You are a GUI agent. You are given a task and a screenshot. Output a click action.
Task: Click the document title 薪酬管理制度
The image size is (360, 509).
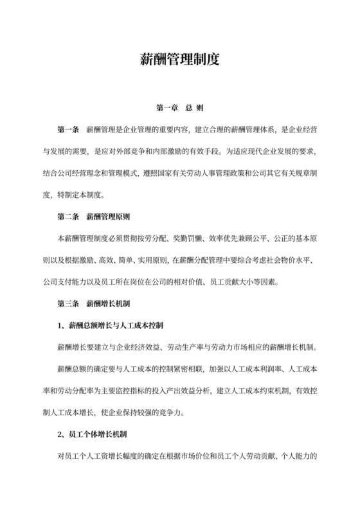coord(180,60)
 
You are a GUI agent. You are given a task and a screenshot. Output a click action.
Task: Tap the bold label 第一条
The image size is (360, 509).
coord(68,130)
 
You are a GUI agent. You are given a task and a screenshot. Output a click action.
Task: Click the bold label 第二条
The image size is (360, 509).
coord(68,218)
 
